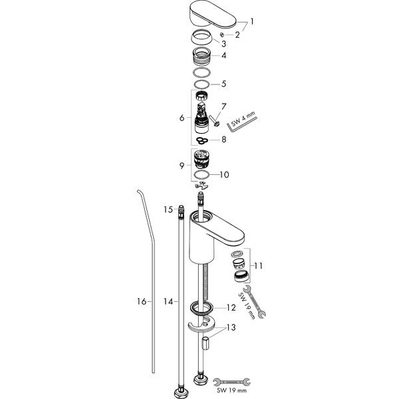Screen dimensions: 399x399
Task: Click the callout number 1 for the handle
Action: pyautogui.click(x=252, y=22)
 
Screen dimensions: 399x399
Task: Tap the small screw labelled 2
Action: pyautogui.click(x=222, y=35)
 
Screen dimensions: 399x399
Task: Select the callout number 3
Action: pyautogui.click(x=223, y=44)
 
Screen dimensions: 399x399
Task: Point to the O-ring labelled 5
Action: pyautogui.click(x=201, y=84)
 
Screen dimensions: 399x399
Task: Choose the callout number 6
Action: pyautogui.click(x=182, y=118)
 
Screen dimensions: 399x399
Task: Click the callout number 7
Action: pyautogui.click(x=223, y=106)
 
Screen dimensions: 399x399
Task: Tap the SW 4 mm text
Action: pyautogui.click(x=243, y=118)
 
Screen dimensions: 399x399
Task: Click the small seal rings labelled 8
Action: pyautogui.click(x=201, y=140)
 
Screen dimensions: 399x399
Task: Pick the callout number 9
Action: pyautogui.click(x=182, y=166)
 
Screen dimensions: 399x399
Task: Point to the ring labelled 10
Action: pyautogui.click(x=201, y=175)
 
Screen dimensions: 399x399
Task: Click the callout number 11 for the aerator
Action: pyautogui.click(x=258, y=266)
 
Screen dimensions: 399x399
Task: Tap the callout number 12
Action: pyautogui.click(x=231, y=308)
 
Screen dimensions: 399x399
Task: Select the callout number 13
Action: pyautogui.click(x=231, y=327)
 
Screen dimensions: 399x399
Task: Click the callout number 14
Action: pyautogui.click(x=168, y=302)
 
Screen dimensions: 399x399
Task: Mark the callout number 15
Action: pyautogui.click(x=168, y=209)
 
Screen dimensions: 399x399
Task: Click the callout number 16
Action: pyautogui.click(x=142, y=302)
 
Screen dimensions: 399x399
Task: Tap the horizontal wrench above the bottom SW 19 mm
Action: pyautogui.click(x=231, y=382)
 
